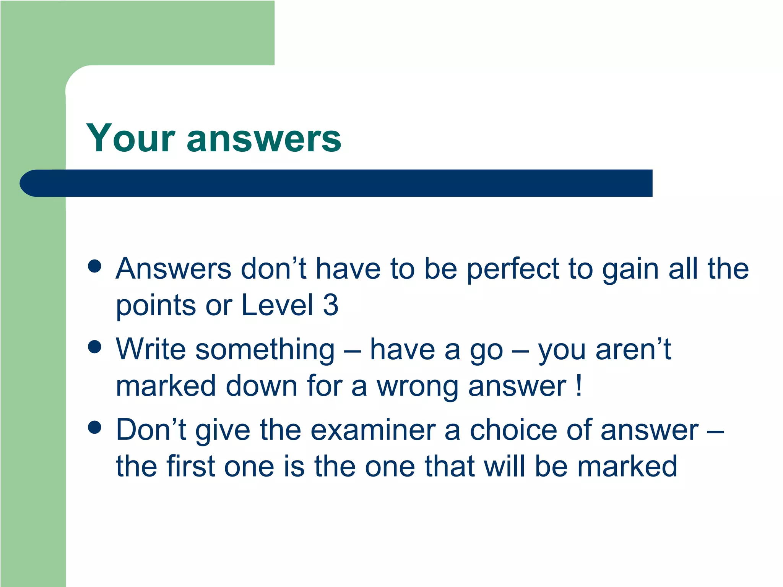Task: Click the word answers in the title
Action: (264, 138)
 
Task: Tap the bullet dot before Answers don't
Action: (94, 266)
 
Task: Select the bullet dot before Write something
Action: (94, 347)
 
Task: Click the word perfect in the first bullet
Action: (513, 269)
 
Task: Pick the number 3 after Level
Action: (331, 305)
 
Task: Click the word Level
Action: (278, 305)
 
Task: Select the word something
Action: (265, 349)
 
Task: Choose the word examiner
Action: (373, 430)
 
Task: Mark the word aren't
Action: (633, 349)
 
